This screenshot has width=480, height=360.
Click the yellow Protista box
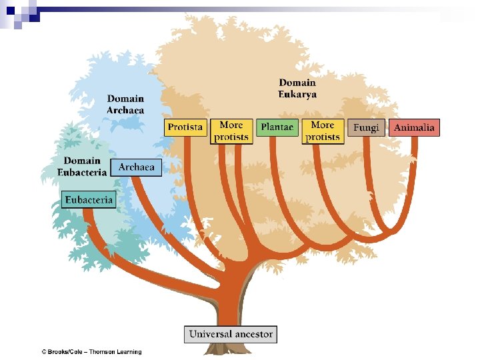(185, 127)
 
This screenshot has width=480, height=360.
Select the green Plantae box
(277, 127)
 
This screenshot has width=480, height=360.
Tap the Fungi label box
(366, 127)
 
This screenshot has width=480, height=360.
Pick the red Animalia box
(414, 127)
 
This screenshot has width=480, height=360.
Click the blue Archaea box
(136, 167)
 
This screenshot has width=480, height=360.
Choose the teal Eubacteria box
(89, 199)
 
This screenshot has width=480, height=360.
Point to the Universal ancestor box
(231, 334)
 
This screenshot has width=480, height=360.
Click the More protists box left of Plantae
(231, 131)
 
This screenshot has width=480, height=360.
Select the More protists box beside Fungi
(323, 131)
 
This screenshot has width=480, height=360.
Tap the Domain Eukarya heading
(297, 89)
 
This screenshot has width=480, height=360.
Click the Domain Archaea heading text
(125, 105)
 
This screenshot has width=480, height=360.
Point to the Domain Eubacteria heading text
(83, 167)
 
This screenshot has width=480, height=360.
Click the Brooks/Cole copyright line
(91, 352)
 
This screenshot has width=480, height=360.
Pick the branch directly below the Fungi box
(366, 160)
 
